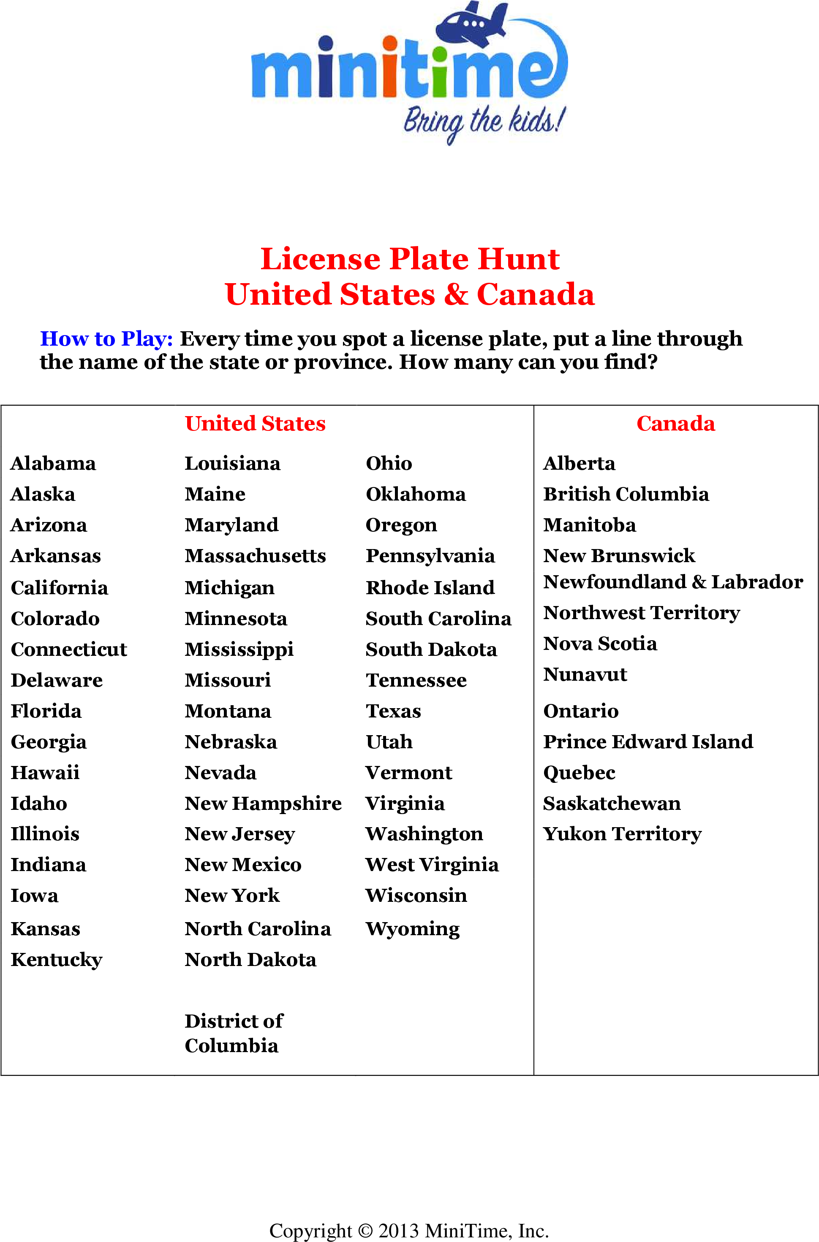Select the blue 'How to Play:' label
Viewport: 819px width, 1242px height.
[106, 339]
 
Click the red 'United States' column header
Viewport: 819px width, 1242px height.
[256, 423]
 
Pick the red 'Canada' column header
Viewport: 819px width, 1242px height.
[675, 423]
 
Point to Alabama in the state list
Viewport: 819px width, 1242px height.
[53, 463]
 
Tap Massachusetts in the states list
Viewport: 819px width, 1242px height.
[256, 556]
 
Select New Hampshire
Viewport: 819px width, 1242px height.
[263, 803]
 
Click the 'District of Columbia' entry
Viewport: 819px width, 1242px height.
[234, 1033]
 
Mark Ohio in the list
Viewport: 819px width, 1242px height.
[389, 463]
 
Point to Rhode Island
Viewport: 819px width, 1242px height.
[430, 587]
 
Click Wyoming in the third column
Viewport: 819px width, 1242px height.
[413, 929]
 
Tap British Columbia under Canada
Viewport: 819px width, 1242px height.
[626, 494]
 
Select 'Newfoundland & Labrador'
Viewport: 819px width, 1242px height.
[673, 582]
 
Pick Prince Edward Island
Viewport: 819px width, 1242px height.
[648, 741]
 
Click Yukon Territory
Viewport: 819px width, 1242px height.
[622, 834]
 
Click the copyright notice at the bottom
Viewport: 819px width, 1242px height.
[409, 1230]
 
